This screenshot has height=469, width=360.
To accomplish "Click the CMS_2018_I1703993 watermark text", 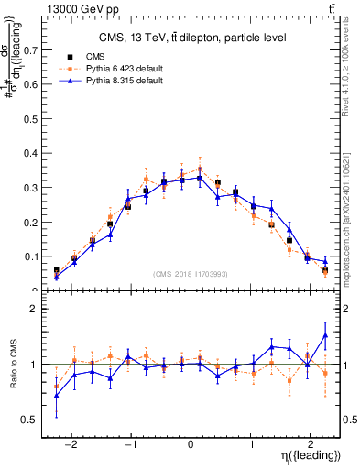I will pyautogui.click(x=191, y=274).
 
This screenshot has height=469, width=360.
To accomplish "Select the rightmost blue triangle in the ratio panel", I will pyautogui.click(x=325, y=335).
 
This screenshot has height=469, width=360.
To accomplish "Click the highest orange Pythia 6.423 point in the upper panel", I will pyautogui.click(x=200, y=169).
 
